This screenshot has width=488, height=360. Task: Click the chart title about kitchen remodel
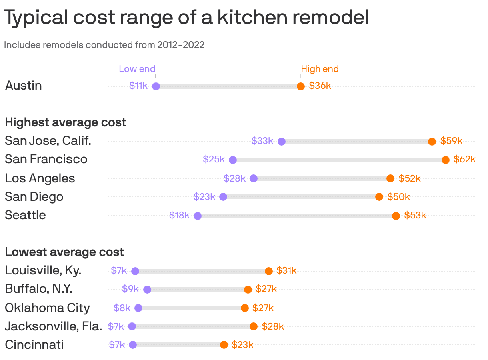pyautogui.click(x=186, y=18)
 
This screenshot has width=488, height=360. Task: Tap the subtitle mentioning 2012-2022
pyautogui.click(x=104, y=45)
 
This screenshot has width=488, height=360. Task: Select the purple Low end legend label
pyautogui.click(x=137, y=69)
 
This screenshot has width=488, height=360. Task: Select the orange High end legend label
pyautogui.click(x=320, y=69)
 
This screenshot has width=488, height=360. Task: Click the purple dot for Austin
pyautogui.click(x=156, y=86)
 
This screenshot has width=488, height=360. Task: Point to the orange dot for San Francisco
pyautogui.click(x=446, y=160)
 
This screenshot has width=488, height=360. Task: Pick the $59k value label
pyautogui.click(x=451, y=141)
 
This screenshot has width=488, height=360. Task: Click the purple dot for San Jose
pyautogui.click(x=282, y=142)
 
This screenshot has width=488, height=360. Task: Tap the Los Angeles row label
pyautogui.click(x=40, y=178)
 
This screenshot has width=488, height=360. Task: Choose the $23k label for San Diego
pyautogui.click(x=204, y=197)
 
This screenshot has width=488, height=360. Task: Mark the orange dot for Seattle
pyautogui.click(x=396, y=216)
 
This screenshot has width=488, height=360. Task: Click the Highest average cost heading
pyautogui.click(x=66, y=122)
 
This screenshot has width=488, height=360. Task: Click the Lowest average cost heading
pyautogui.click(x=64, y=252)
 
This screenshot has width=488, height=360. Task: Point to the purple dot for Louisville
pyautogui.click(x=135, y=271)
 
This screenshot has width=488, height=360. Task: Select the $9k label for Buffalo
pyautogui.click(x=130, y=289)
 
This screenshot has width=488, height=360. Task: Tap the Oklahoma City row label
pyautogui.click(x=47, y=308)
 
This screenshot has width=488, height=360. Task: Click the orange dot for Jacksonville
pyautogui.click(x=254, y=326)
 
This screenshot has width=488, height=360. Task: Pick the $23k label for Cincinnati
pyautogui.click(x=242, y=345)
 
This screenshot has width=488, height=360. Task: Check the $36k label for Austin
pyautogui.click(x=320, y=86)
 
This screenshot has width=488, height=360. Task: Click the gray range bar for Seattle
pyautogui.click(x=296, y=216)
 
